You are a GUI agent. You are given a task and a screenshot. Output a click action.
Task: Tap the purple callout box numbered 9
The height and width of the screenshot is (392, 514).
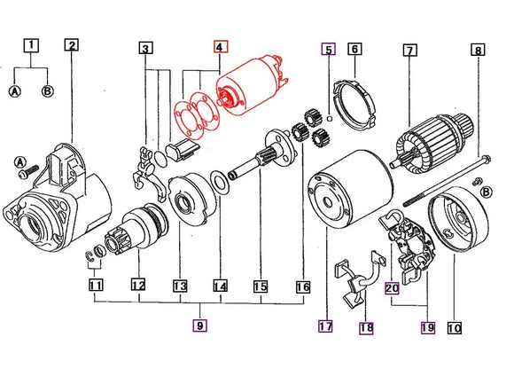pos(200,325)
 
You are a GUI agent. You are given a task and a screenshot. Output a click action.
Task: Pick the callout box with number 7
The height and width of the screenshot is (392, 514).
pos(409,51)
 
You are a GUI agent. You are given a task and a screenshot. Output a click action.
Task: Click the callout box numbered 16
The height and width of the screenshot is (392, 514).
pos(303,286)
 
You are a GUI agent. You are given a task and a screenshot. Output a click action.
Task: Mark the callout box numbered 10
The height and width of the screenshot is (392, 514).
pos(455,327)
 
